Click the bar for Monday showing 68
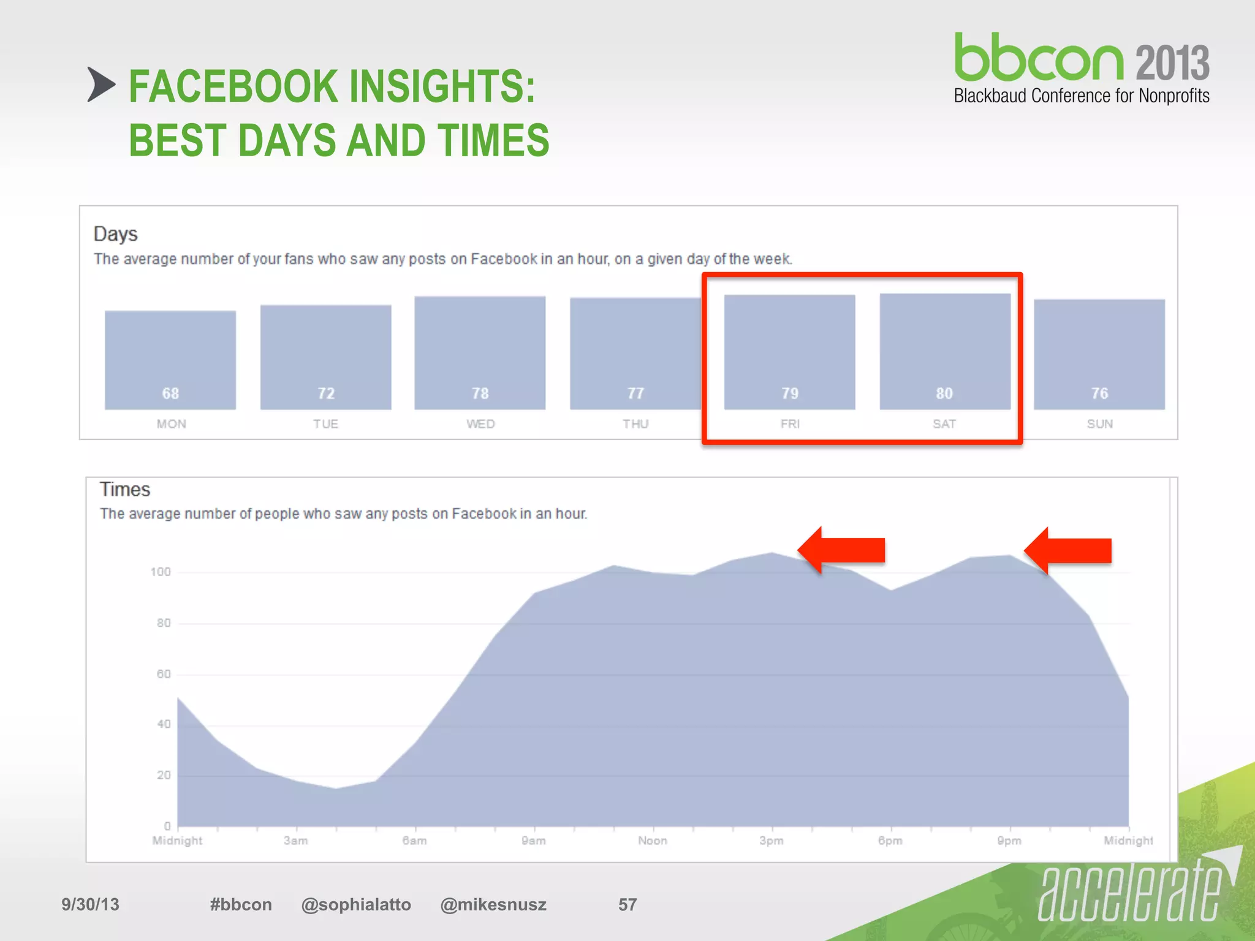coord(170,360)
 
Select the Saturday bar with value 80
coord(944,351)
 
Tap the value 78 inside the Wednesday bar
coord(480,393)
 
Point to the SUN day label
coord(1099,424)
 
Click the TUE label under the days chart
coord(325,424)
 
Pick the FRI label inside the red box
coord(790,424)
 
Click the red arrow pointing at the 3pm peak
coord(842,550)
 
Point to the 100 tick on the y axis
coord(161,572)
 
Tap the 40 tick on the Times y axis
coord(163,724)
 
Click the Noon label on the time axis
coord(652,841)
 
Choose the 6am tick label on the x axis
coord(414,841)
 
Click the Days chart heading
coord(115,234)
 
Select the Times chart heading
coord(125,489)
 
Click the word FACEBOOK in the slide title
coord(233,86)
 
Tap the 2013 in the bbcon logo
coord(1172,63)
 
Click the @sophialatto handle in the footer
coord(356,904)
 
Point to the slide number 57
coord(627,904)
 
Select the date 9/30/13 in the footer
coord(90,904)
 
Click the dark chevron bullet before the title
coord(100,85)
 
